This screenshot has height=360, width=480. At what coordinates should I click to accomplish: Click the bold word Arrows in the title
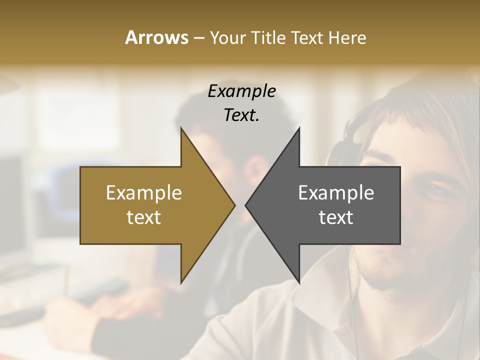point(156,37)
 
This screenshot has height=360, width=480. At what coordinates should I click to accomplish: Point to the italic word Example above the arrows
point(241,91)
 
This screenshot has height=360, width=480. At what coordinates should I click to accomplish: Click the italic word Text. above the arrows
point(241,115)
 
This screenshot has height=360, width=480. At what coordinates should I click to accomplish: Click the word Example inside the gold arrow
point(144,193)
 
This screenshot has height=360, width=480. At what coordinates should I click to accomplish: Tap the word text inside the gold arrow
point(144,217)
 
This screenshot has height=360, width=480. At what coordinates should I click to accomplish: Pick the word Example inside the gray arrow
point(336,193)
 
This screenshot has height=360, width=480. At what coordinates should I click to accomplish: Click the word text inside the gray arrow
point(336,217)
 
